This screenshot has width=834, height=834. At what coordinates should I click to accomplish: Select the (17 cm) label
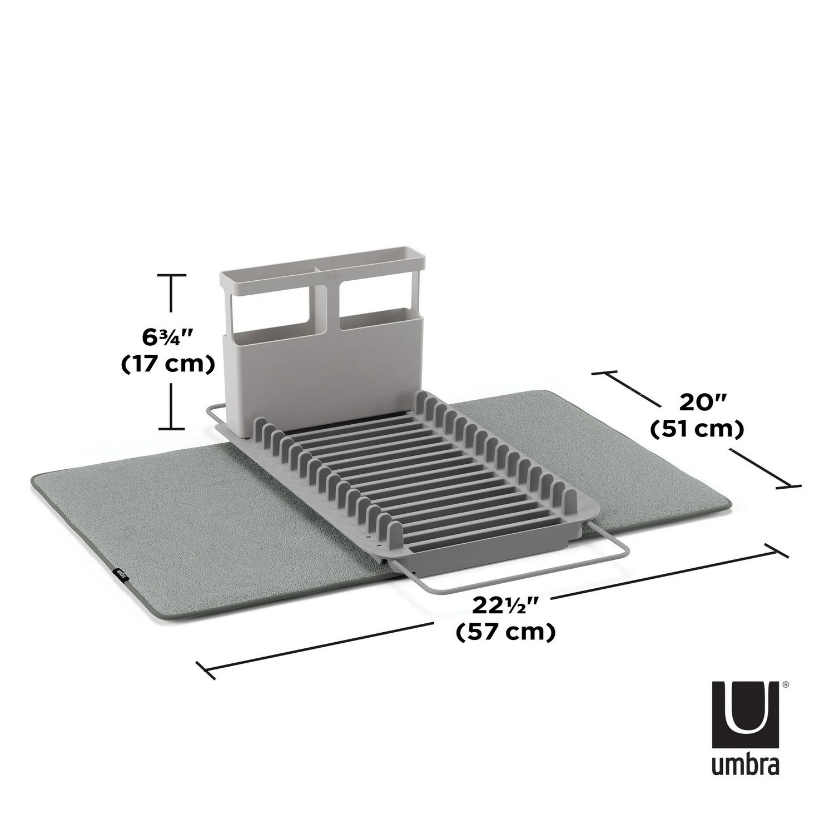click(168, 364)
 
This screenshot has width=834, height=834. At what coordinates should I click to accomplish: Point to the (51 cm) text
click(697, 429)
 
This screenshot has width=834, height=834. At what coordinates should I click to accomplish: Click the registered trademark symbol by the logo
click(785, 686)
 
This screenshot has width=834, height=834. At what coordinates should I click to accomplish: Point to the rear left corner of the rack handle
click(210, 409)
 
